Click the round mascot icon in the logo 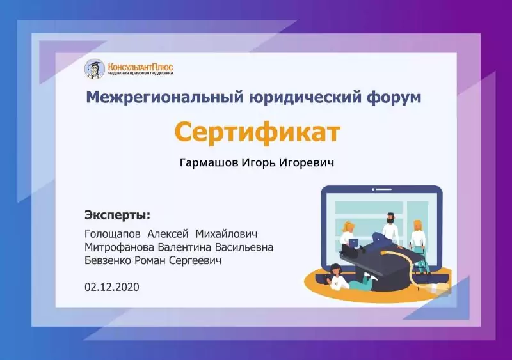(x=95, y=69)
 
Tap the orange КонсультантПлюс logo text (x=140, y=67)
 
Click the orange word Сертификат (x=257, y=132)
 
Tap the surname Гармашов (x=209, y=162)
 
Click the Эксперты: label (x=118, y=215)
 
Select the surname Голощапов (x=113, y=234)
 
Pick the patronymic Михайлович (x=227, y=233)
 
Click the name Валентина (x=184, y=247)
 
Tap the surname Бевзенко (x=108, y=261)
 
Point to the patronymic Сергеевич (x=195, y=261)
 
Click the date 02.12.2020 (x=111, y=287)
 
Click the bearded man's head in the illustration (x=390, y=218)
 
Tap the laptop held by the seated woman (x=354, y=243)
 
